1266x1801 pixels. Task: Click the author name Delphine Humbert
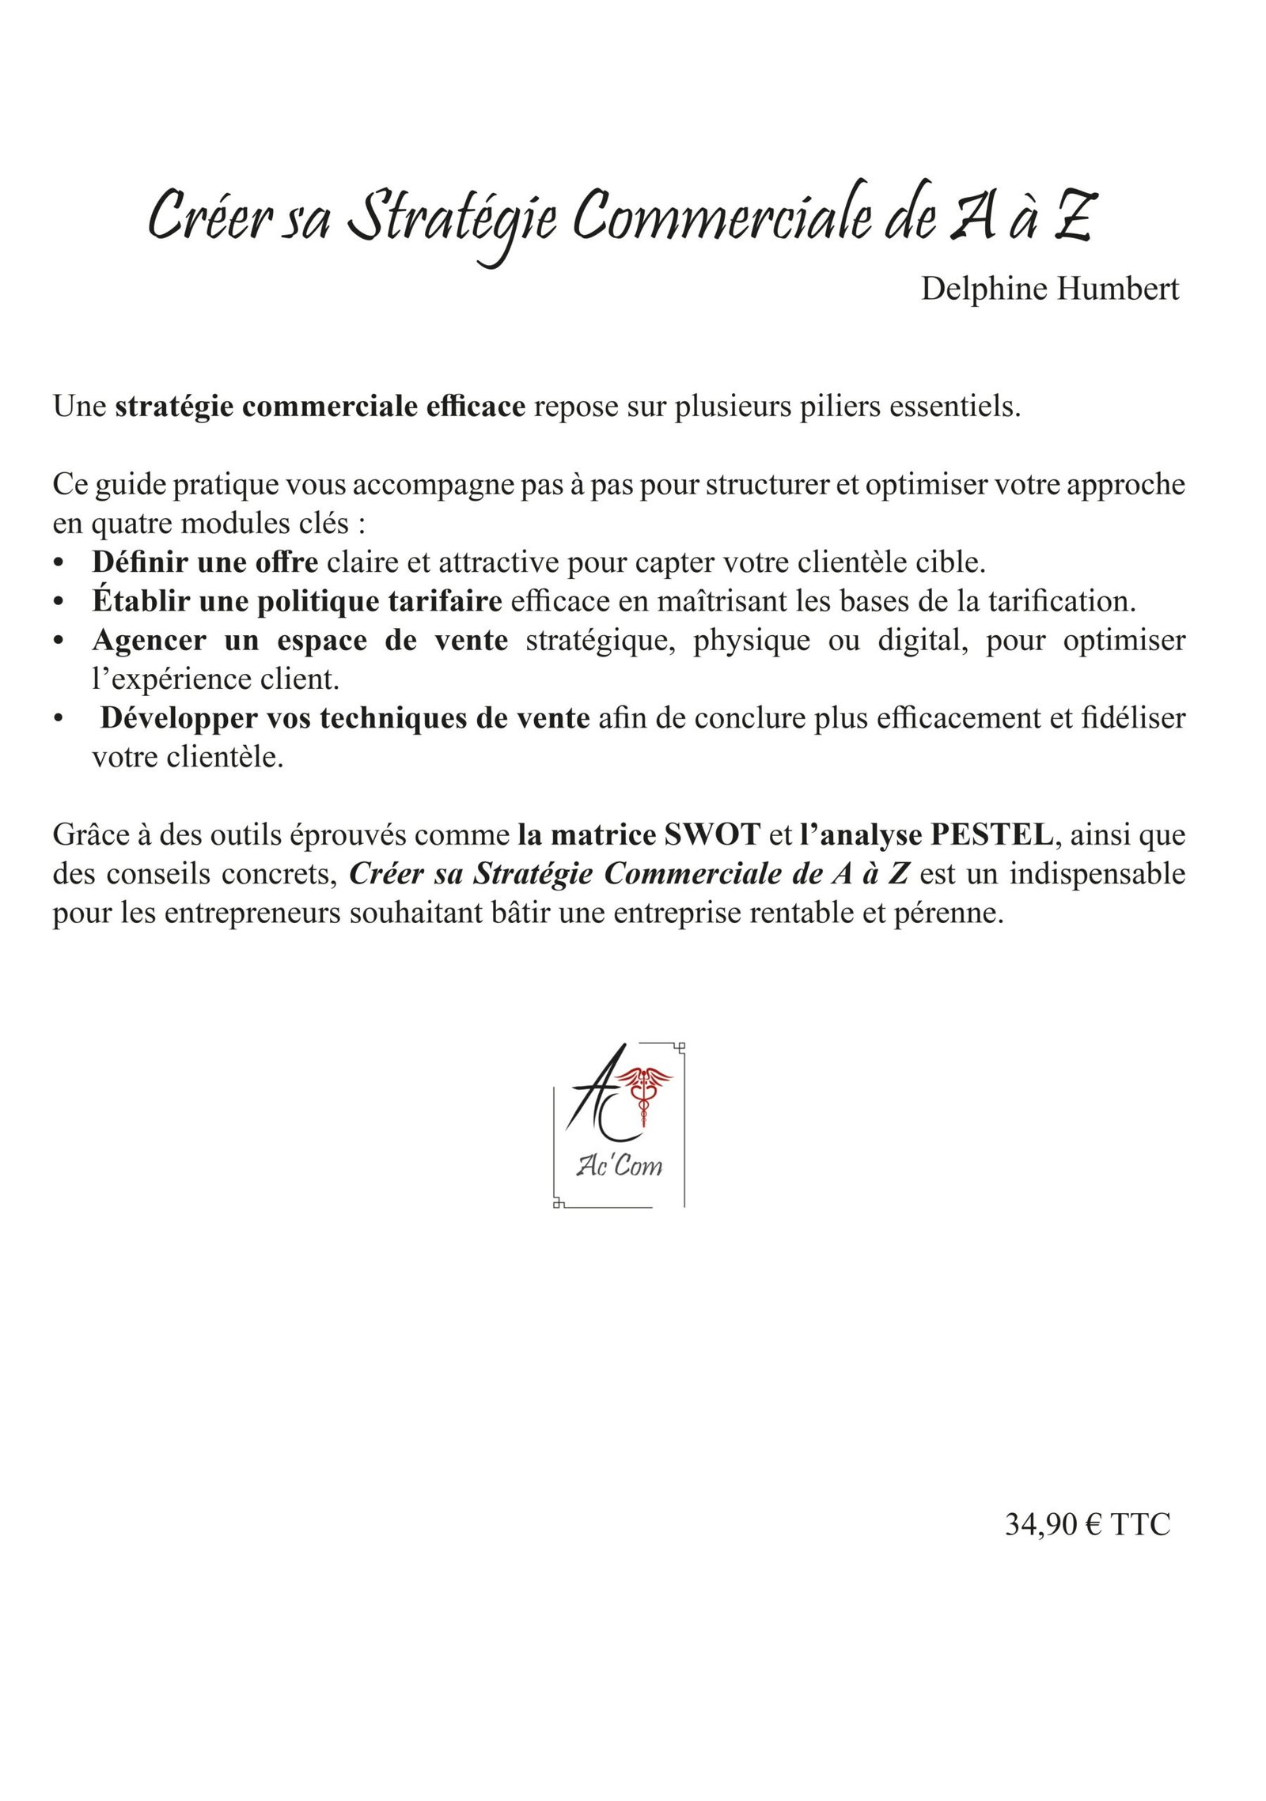pyautogui.click(x=1049, y=289)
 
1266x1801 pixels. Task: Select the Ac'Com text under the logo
pyautogui.click(x=620, y=1165)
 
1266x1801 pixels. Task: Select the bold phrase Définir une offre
pyautogui.click(x=205, y=563)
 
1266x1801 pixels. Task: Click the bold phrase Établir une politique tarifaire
pyautogui.click(x=297, y=602)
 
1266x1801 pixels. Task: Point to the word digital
pyautogui.click(x=921, y=641)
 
